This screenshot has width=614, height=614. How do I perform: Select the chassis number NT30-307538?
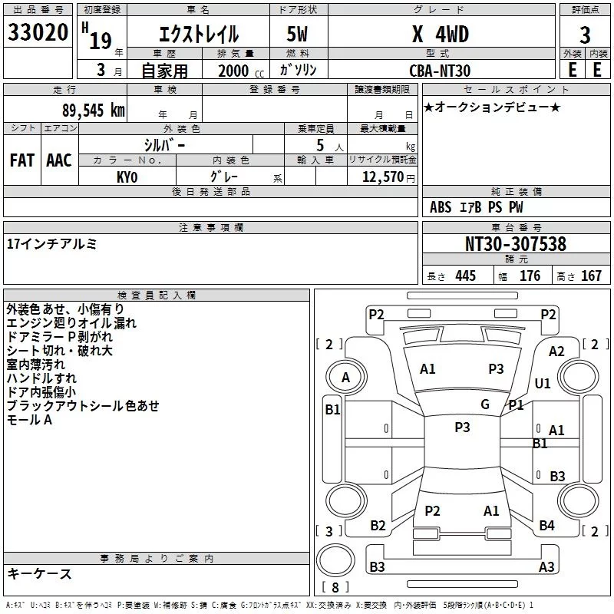pos(516,244)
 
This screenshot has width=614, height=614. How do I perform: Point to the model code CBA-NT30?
pos(439,70)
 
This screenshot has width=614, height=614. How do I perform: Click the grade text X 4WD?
pos(439,35)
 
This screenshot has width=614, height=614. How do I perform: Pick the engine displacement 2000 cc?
pos(235,70)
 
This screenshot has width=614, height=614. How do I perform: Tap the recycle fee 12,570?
pos(382,177)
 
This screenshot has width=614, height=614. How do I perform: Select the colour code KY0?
pos(127,177)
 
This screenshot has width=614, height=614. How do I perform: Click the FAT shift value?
pos(22,160)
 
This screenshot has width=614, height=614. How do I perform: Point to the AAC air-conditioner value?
pos(59,160)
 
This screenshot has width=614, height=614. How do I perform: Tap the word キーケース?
pos(39,574)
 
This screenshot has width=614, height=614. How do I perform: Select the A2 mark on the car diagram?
pos(556,351)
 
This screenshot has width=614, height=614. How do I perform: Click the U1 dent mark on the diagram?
pos(543,383)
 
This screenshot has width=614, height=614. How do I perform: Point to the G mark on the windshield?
pos(485,404)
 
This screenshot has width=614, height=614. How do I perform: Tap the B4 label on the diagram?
pos(546,526)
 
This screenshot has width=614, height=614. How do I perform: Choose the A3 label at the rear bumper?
pos(546,567)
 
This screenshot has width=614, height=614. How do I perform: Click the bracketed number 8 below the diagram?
pos(335,588)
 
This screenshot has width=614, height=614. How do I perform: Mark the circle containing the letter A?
pos(345,378)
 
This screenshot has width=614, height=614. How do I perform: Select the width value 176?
pos(530,276)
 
